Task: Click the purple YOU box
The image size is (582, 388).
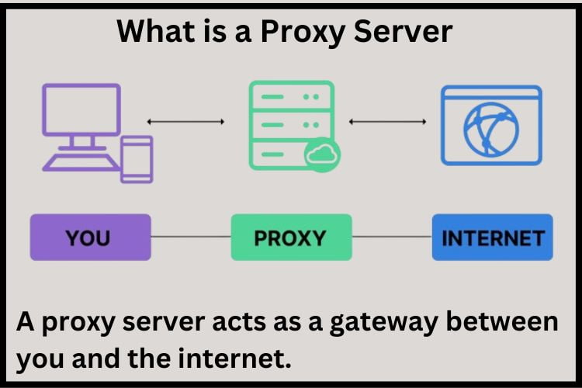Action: coord(90,237)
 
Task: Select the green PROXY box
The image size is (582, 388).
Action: coord(291,237)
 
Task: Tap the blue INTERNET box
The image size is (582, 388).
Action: coord(492,237)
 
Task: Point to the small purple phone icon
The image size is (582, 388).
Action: coord(137,159)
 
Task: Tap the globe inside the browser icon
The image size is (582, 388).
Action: coord(491,130)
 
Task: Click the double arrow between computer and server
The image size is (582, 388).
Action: coord(185,121)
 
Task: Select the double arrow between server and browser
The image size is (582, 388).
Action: coord(387,121)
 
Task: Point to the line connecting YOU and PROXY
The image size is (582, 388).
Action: coord(191,237)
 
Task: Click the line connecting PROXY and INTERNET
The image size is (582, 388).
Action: coord(391,237)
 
